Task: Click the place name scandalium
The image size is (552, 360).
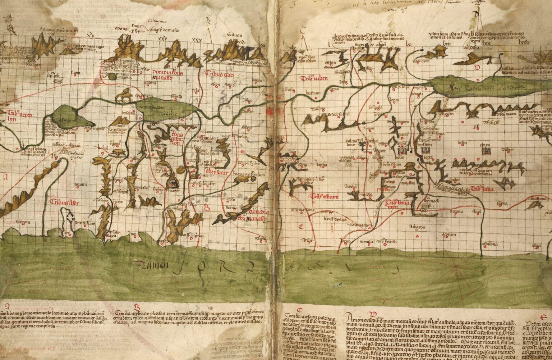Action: click(x=83, y=223)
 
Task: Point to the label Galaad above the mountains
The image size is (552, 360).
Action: click(x=234, y=36)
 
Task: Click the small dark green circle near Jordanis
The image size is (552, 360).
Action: click(x=112, y=76)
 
